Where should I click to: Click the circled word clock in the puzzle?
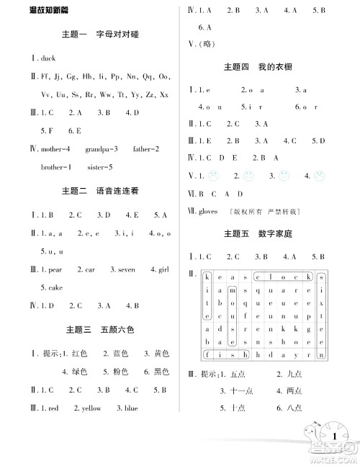coord(284,276)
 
